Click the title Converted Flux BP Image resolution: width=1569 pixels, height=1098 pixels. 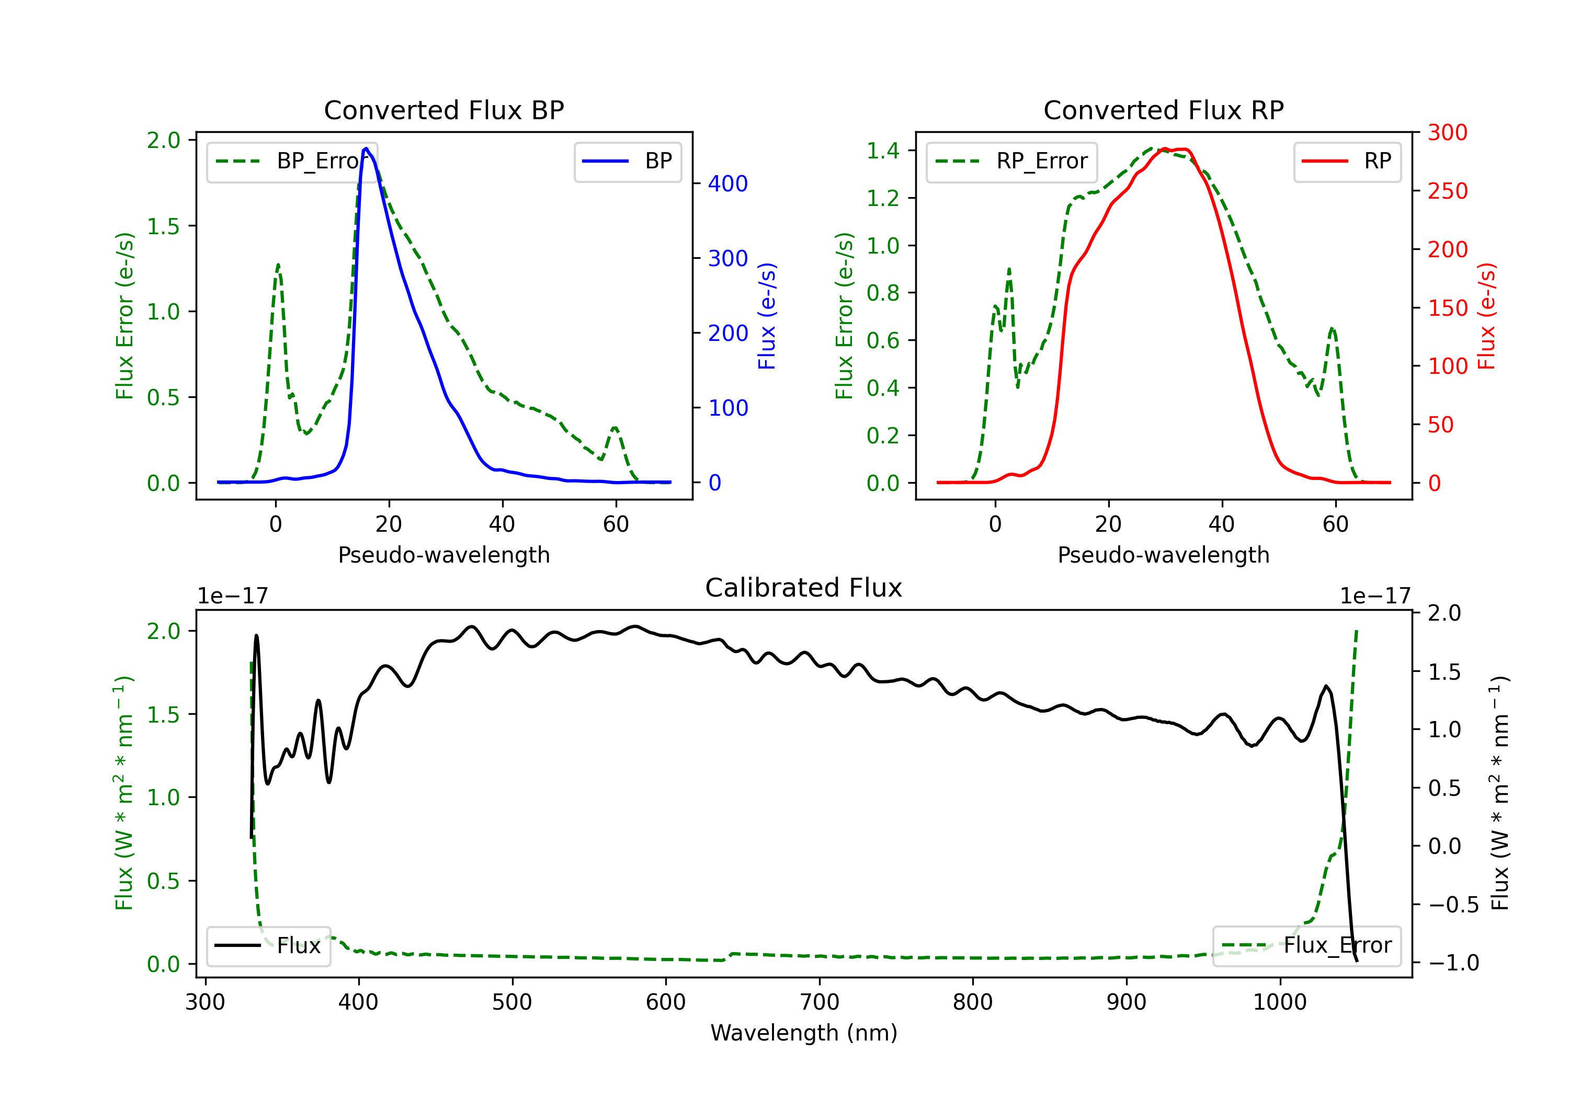click(x=444, y=110)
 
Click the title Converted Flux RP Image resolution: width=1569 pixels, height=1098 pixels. click(x=1163, y=110)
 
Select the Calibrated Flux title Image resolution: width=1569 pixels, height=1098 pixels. click(x=804, y=588)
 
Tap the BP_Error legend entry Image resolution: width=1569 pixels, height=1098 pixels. click(x=292, y=161)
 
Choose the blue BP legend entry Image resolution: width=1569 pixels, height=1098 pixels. click(x=627, y=161)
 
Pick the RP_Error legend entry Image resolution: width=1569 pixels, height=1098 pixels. click(x=1011, y=161)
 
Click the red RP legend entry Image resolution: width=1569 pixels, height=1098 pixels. click(x=1347, y=161)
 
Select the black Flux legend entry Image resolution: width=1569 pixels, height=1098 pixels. click(x=268, y=946)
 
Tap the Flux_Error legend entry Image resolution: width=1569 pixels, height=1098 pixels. click(x=1306, y=946)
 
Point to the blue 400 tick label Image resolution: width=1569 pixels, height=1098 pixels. click(x=728, y=184)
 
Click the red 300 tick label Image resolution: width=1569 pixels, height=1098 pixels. click(x=1447, y=133)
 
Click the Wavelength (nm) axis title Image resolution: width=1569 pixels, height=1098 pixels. click(x=804, y=1033)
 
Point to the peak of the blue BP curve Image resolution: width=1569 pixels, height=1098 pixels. click(x=366, y=148)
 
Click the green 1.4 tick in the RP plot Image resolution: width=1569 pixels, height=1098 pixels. click(x=883, y=151)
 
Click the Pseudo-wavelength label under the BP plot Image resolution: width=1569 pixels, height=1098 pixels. click(x=444, y=555)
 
